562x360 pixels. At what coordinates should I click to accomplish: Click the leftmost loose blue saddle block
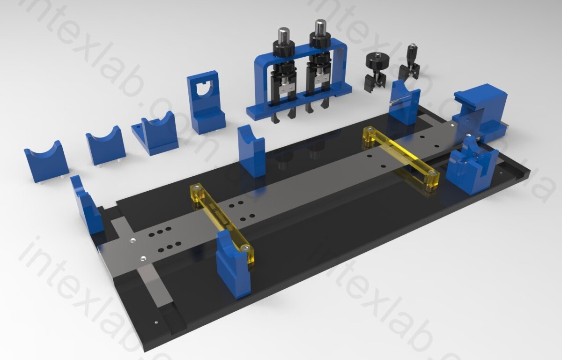(46, 163)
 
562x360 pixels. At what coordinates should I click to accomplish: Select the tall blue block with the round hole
(206, 103)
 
